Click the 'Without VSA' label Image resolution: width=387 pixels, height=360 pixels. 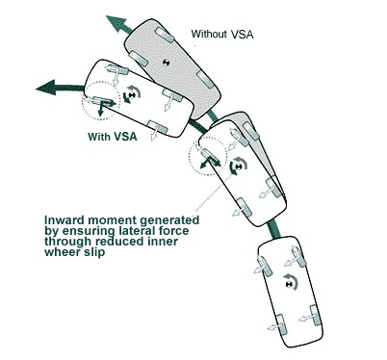(x=222, y=34)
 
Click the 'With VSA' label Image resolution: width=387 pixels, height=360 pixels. (x=113, y=137)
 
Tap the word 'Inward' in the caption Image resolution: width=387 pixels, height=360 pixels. (x=64, y=220)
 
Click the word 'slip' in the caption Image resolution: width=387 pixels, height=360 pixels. (x=95, y=252)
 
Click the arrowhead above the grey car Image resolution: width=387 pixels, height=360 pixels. (x=116, y=22)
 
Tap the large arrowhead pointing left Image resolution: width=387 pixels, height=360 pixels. (x=46, y=88)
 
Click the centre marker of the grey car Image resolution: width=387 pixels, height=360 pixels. (x=166, y=63)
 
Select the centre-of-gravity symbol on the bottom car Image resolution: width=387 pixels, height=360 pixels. (x=290, y=284)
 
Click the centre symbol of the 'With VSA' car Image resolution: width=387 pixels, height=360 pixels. (x=131, y=95)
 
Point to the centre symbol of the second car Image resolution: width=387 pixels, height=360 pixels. (x=238, y=167)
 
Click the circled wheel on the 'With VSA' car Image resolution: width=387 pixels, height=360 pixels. (x=103, y=102)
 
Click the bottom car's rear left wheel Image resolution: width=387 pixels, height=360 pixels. (x=281, y=324)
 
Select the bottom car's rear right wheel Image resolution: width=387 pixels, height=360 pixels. (x=316, y=316)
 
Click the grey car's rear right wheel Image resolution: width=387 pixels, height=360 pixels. (x=205, y=80)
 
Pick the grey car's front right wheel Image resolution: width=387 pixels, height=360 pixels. (x=165, y=36)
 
